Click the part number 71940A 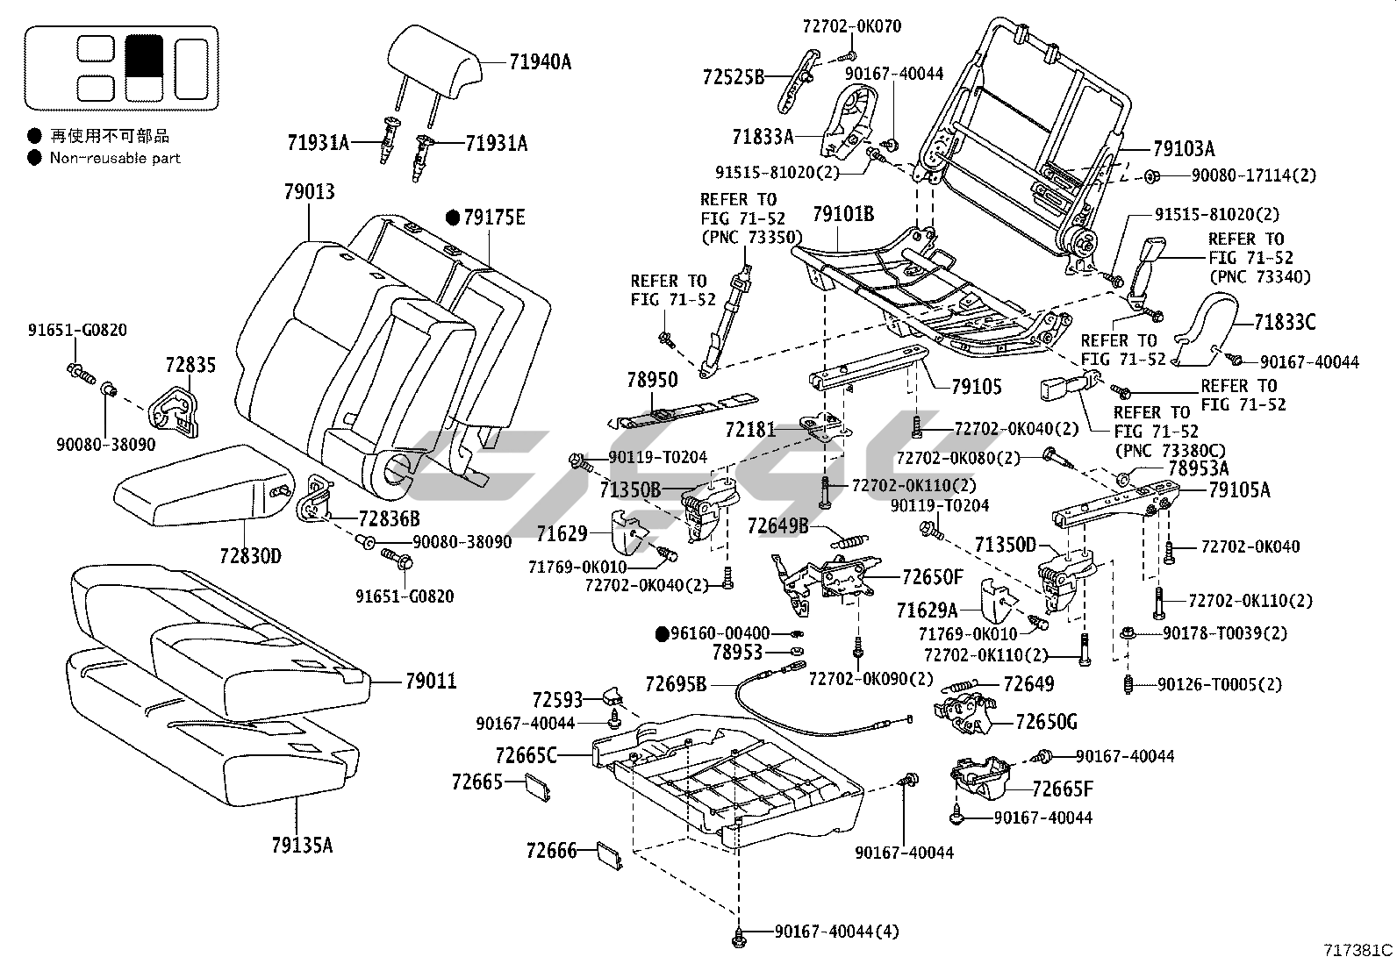(x=540, y=61)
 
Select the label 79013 (x=309, y=191)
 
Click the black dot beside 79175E (x=453, y=217)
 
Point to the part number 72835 (x=190, y=364)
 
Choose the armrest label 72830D (x=250, y=555)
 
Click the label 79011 (x=431, y=681)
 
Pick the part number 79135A (x=302, y=845)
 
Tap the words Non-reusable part (x=115, y=158)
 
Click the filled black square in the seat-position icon (x=143, y=55)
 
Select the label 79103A (x=1184, y=148)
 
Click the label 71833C (x=1285, y=323)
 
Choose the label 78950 (x=652, y=379)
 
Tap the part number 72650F (x=933, y=576)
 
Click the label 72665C (x=526, y=754)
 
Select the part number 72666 (x=552, y=850)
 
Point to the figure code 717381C (x=1358, y=949)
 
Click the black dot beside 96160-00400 (x=664, y=632)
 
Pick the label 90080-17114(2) (x=1254, y=175)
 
